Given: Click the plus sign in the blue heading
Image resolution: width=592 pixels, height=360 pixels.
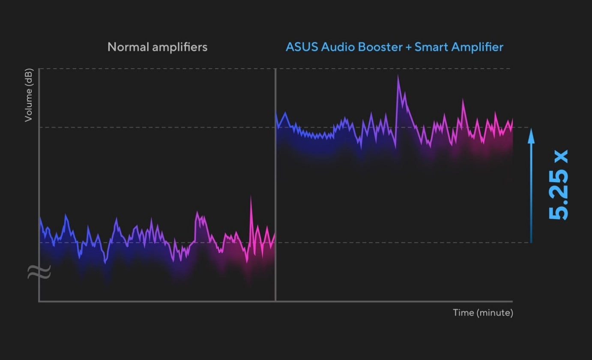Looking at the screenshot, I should point(408,47).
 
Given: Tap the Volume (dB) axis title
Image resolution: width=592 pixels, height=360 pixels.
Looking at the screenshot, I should point(28,95).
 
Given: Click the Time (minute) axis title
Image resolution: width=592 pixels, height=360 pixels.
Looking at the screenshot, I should point(483,313).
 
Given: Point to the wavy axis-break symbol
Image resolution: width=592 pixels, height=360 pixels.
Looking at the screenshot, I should point(39,272).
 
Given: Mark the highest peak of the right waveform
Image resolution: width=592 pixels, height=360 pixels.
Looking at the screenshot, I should point(398,76).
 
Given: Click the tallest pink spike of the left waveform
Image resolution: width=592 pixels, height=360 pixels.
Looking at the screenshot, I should point(251,197).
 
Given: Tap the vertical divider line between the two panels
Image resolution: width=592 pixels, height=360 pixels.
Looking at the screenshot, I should point(275,184).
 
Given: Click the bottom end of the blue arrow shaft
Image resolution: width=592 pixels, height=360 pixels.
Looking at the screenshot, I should point(531,242).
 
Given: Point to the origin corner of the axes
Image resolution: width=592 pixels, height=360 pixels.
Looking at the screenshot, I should point(39,301).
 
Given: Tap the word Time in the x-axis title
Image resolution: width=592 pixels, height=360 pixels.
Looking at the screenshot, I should point(463,313).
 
